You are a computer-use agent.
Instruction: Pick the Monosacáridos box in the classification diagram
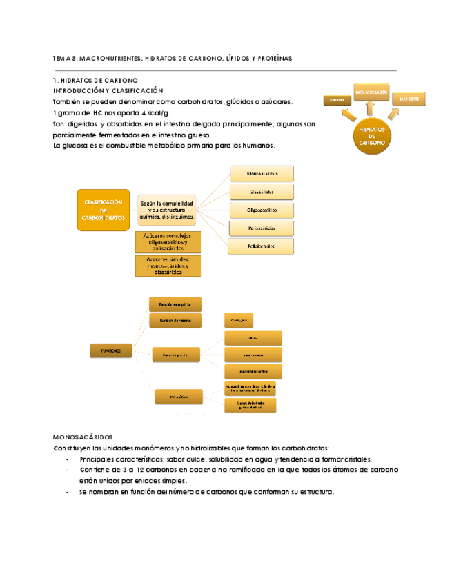(262, 174)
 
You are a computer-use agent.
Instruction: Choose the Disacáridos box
(262, 191)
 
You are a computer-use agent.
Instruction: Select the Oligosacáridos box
(262, 210)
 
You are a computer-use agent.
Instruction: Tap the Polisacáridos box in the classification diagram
(262, 228)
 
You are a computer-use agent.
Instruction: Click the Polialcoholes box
(262, 246)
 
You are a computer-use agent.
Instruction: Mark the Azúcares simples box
(168, 266)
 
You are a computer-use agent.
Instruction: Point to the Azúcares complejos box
(168, 242)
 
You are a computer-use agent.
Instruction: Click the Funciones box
(110, 351)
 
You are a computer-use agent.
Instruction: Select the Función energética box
(175, 304)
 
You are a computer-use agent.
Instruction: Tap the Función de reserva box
(175, 321)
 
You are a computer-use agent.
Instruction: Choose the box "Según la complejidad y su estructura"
(168, 210)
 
